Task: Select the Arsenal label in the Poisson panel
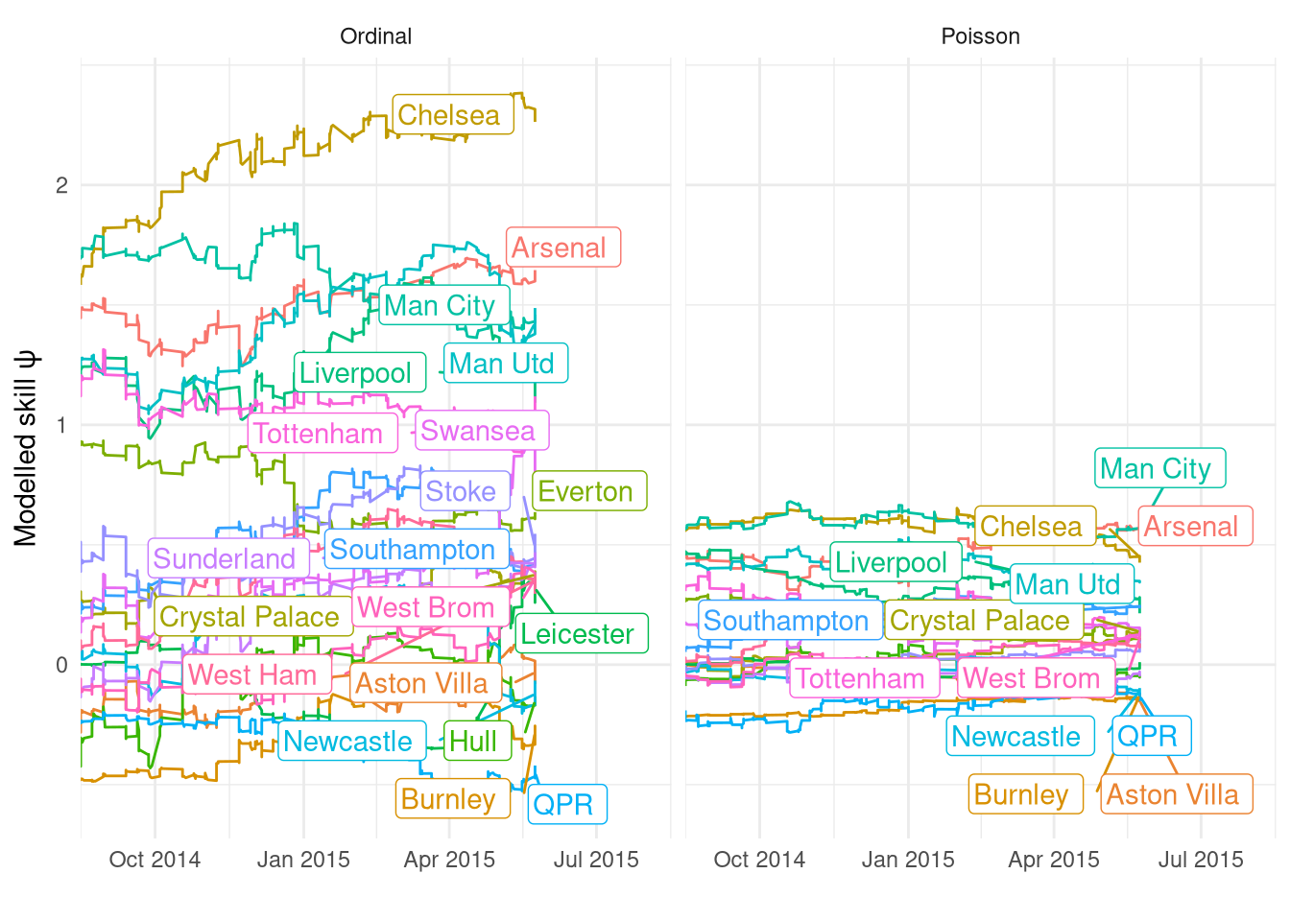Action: click(1194, 527)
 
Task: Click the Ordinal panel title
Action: click(375, 36)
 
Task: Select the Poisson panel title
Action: click(980, 36)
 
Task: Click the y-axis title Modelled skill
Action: click(26, 449)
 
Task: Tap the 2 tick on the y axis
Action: click(61, 185)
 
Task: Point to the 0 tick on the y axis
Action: click(61, 665)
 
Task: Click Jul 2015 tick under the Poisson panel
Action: click(1200, 860)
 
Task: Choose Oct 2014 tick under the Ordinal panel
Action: click(155, 860)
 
